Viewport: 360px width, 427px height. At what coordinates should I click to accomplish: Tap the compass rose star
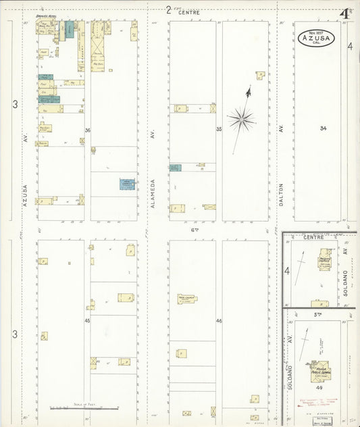(240, 120)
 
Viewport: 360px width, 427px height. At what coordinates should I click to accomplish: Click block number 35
(219, 128)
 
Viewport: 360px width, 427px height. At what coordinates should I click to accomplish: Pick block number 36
(88, 130)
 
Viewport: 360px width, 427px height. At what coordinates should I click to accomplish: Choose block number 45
(87, 320)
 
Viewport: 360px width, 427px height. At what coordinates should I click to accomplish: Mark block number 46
(219, 320)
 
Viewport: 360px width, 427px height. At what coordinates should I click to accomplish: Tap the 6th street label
(194, 230)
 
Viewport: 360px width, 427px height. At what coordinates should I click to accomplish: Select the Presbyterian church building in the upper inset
(325, 264)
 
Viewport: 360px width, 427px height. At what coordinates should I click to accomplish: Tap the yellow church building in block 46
(187, 299)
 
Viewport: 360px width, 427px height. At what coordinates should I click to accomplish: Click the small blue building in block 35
(175, 167)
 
